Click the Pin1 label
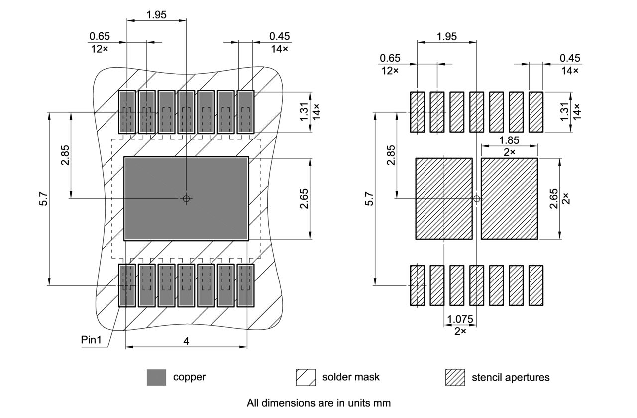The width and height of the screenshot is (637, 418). (91, 340)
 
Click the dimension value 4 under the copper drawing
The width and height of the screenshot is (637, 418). (186, 341)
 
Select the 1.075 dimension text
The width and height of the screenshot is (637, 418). (460, 319)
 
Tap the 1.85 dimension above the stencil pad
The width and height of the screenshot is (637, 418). (509, 140)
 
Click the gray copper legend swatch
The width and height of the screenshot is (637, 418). (156, 377)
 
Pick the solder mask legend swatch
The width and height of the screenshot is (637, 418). (306, 377)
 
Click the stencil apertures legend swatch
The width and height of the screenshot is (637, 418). (455, 377)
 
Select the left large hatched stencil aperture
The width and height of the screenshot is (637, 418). (443, 199)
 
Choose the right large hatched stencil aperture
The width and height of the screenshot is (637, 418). (509, 199)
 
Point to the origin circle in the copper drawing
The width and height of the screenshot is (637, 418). (186, 199)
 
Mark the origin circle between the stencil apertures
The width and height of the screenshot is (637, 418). (476, 199)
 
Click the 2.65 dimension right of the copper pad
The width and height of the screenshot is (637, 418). (304, 199)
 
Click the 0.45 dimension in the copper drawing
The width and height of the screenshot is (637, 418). (280, 36)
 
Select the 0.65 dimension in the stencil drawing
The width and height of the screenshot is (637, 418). (390, 58)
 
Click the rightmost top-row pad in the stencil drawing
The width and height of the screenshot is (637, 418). (535, 112)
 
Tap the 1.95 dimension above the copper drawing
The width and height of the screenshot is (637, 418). (156, 15)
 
